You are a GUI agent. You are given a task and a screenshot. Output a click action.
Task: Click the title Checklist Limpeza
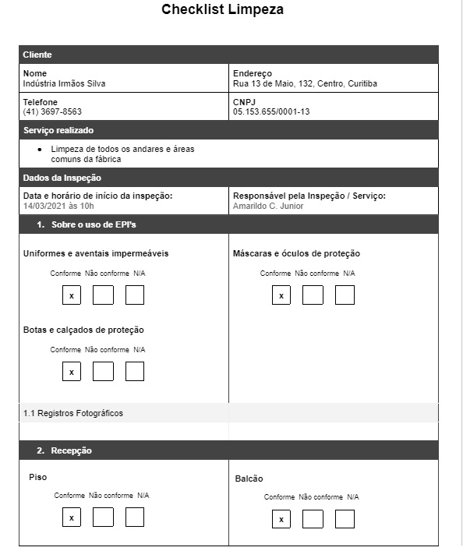(222, 10)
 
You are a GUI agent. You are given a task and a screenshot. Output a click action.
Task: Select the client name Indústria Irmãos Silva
(65, 83)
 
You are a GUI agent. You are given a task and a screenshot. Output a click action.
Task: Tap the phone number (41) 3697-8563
(52, 111)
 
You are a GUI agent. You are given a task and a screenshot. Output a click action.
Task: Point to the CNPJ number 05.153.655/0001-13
(271, 111)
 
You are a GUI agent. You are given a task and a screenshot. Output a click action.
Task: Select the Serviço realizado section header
(58, 130)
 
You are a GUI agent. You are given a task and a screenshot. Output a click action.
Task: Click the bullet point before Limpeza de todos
(40, 149)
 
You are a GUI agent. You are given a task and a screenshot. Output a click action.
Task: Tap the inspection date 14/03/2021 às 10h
(58, 207)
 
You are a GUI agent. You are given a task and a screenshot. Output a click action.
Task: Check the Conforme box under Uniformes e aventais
(72, 295)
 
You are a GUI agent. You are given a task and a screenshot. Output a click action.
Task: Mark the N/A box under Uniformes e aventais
(135, 295)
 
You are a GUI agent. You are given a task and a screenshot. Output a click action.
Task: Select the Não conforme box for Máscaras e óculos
(313, 295)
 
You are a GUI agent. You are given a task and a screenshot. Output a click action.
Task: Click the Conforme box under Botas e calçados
(72, 372)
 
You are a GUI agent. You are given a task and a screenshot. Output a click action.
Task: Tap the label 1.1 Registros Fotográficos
(73, 413)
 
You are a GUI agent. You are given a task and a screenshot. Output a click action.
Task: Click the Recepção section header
(71, 450)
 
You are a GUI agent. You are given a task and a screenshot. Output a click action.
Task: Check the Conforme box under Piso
(72, 517)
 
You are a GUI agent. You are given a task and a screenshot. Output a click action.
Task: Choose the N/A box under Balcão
(345, 519)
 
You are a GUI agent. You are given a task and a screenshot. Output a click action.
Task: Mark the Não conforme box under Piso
(103, 517)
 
